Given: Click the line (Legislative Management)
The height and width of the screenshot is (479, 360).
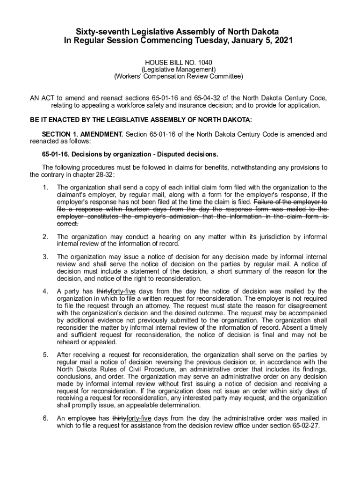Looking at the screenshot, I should point(179,69).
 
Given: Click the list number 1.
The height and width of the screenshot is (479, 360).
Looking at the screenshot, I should point(45,188).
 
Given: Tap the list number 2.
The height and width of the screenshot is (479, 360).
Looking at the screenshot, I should point(45,237).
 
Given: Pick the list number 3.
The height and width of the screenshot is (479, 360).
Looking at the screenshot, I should point(45,257).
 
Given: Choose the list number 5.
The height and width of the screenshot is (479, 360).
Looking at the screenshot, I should point(45,355).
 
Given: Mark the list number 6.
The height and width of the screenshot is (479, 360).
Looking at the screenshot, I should point(45,418).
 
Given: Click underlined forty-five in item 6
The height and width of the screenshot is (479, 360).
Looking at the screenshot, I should point(139,418).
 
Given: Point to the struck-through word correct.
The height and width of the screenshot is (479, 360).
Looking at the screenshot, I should point(67,224).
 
